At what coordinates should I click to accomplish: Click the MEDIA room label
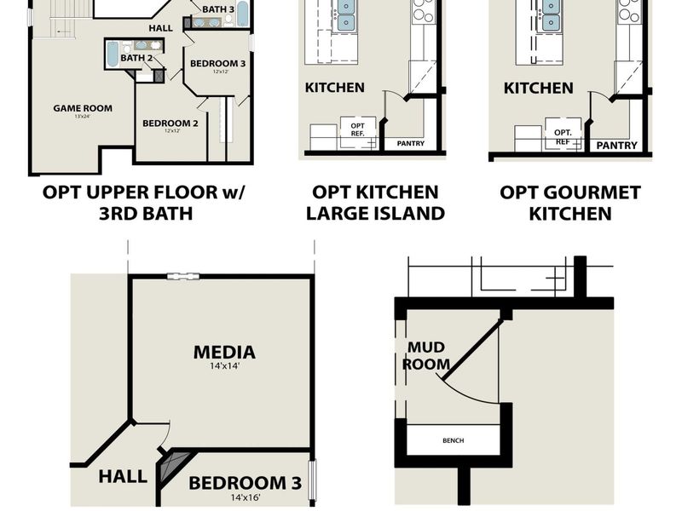click(x=224, y=352)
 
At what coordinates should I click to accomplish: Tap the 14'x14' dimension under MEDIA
click(x=224, y=368)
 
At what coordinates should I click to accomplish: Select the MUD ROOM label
click(x=426, y=355)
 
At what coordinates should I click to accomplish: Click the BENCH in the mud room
click(x=452, y=441)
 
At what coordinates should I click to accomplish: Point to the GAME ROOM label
click(x=83, y=108)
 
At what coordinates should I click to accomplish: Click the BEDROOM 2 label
click(x=170, y=123)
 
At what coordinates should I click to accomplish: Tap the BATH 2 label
click(x=136, y=58)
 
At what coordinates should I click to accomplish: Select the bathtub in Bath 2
click(x=112, y=55)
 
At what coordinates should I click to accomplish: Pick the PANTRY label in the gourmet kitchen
click(x=616, y=146)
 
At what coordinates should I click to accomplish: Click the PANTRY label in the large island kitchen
click(x=411, y=143)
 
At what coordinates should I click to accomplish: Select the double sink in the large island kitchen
click(x=346, y=14)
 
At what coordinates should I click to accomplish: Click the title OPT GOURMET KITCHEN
click(x=570, y=203)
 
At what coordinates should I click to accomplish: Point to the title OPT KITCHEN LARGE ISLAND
click(x=375, y=203)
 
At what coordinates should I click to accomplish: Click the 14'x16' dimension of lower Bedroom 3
click(x=246, y=499)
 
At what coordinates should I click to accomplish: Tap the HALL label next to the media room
click(x=122, y=477)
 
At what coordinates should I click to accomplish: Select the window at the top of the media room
click(x=183, y=276)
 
